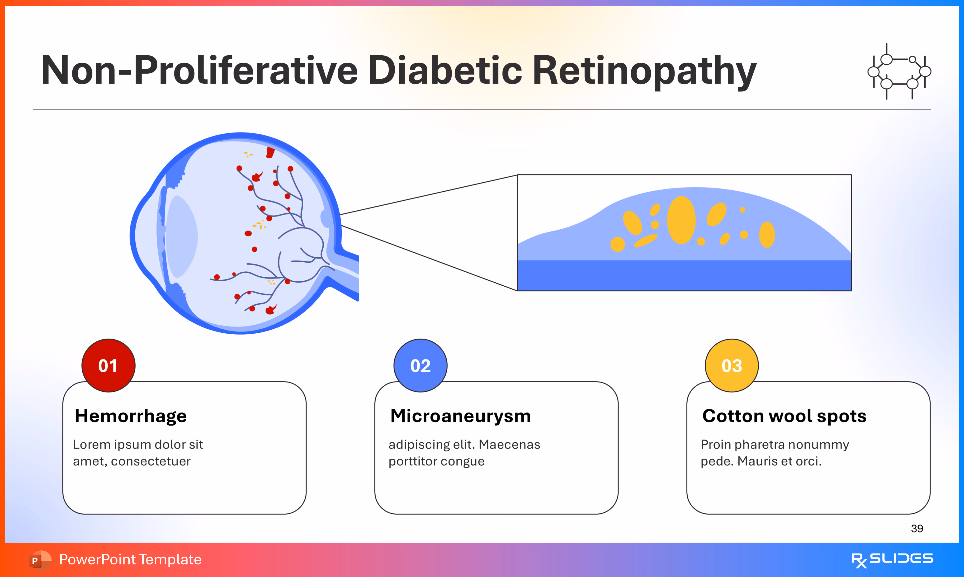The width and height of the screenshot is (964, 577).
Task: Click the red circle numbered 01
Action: tap(109, 365)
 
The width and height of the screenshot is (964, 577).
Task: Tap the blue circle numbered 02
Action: tap(420, 365)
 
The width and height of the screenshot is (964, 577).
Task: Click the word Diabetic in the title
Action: tap(445, 70)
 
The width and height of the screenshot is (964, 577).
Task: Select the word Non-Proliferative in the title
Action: tap(199, 70)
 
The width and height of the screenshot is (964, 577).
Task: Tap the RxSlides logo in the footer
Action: tap(892, 559)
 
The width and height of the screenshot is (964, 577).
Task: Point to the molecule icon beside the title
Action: tap(899, 71)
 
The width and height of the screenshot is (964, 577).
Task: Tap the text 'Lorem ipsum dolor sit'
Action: tap(138, 445)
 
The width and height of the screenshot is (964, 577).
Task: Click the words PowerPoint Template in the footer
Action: tap(130, 559)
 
